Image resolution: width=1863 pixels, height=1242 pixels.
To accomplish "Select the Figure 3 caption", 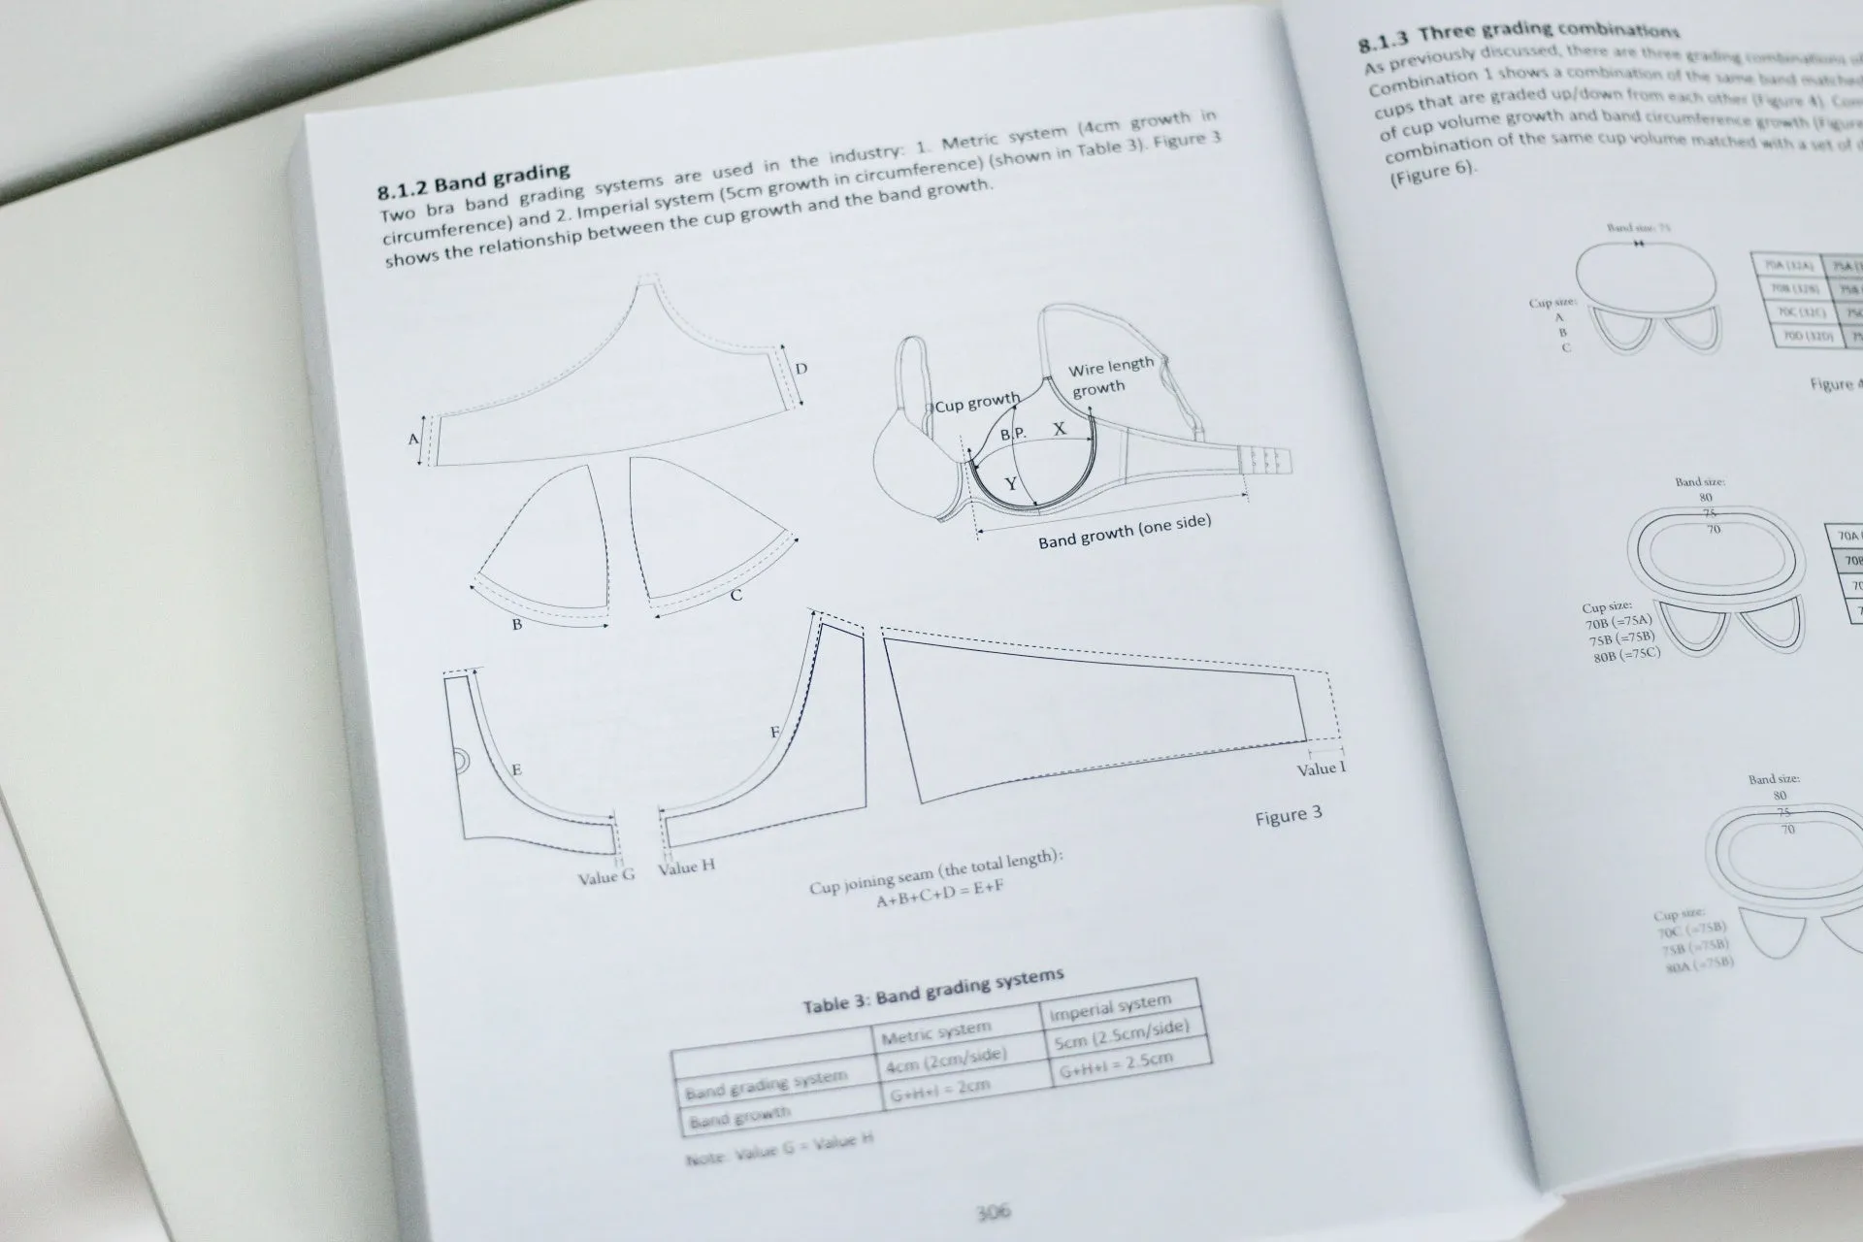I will pos(1288,815).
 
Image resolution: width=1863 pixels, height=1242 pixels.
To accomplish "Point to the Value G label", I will pos(606,875).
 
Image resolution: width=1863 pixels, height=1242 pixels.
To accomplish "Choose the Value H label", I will pos(686,866).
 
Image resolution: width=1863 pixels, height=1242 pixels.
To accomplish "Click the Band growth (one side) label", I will pos(1125,532).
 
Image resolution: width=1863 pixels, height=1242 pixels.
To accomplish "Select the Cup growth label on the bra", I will pos(976,402).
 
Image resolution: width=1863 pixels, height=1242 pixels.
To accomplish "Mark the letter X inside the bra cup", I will pos(1059,428).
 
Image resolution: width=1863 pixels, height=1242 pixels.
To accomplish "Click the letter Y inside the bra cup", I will pos(1010,483).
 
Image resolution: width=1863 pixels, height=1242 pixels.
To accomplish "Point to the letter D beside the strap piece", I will pos(801,369).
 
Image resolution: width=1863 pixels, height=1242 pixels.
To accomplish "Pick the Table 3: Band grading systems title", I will pos(932,991).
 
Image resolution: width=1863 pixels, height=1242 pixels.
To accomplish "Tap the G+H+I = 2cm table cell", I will pos(939,1088).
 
